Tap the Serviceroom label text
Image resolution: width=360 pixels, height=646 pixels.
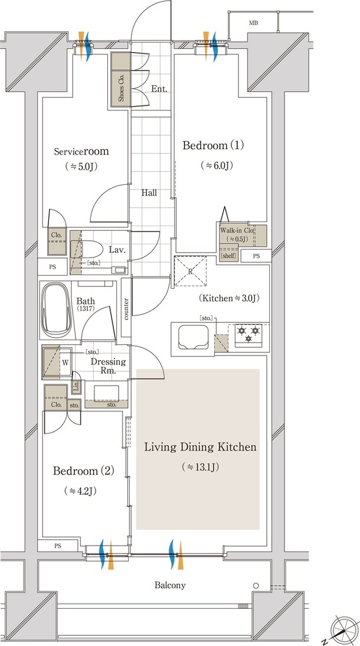[81, 151]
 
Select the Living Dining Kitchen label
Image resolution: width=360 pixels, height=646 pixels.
[200, 447]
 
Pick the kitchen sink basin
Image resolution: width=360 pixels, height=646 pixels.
[193, 337]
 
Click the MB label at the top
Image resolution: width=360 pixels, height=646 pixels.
[253, 23]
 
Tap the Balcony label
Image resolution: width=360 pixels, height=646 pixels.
[170, 585]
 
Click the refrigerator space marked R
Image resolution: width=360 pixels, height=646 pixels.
[190, 271]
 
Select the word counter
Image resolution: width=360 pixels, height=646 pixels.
[126, 308]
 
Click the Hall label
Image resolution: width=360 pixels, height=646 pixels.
[149, 193]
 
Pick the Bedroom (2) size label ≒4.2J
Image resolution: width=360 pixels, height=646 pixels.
[80, 491]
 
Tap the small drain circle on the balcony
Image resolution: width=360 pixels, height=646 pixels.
[256, 585]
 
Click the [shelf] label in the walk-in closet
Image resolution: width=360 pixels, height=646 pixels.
[228, 256]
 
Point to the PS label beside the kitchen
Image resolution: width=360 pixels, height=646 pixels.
[256, 256]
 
